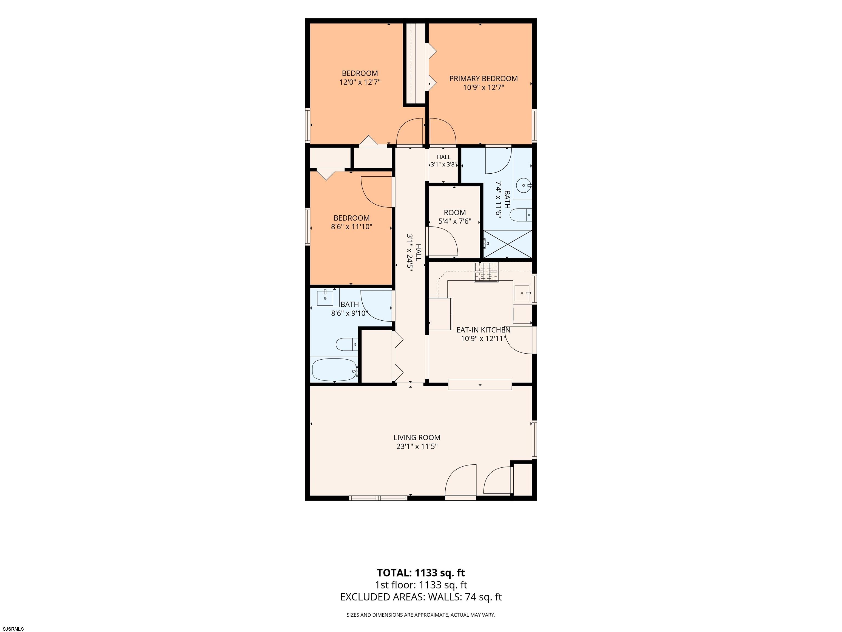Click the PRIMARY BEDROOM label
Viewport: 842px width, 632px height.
tap(483, 78)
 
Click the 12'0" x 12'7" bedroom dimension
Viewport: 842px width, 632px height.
tap(360, 82)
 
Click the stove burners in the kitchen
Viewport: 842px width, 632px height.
tap(486, 272)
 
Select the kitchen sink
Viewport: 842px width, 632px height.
tap(522, 293)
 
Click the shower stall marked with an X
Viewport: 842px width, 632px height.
tap(507, 244)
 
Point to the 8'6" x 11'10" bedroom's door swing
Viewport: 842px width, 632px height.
tap(377, 192)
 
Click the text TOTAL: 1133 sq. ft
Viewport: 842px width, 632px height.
tap(421, 572)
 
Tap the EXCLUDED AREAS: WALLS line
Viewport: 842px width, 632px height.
tap(421, 597)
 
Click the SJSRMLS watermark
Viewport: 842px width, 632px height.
tap(13, 629)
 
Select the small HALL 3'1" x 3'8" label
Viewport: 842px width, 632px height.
tap(443, 161)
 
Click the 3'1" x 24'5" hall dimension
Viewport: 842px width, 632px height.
tap(410, 252)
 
